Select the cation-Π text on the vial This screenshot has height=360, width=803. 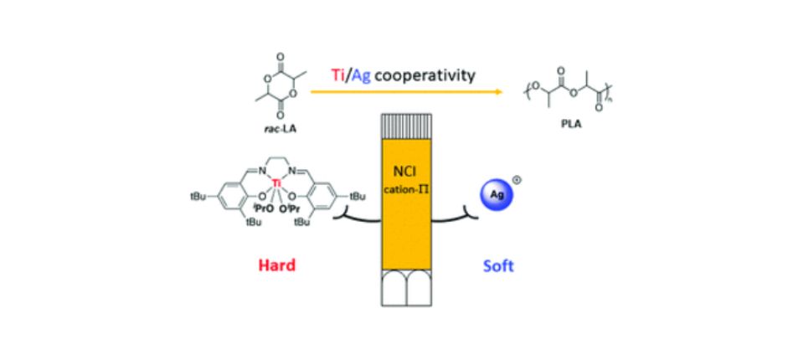click(x=405, y=185)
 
